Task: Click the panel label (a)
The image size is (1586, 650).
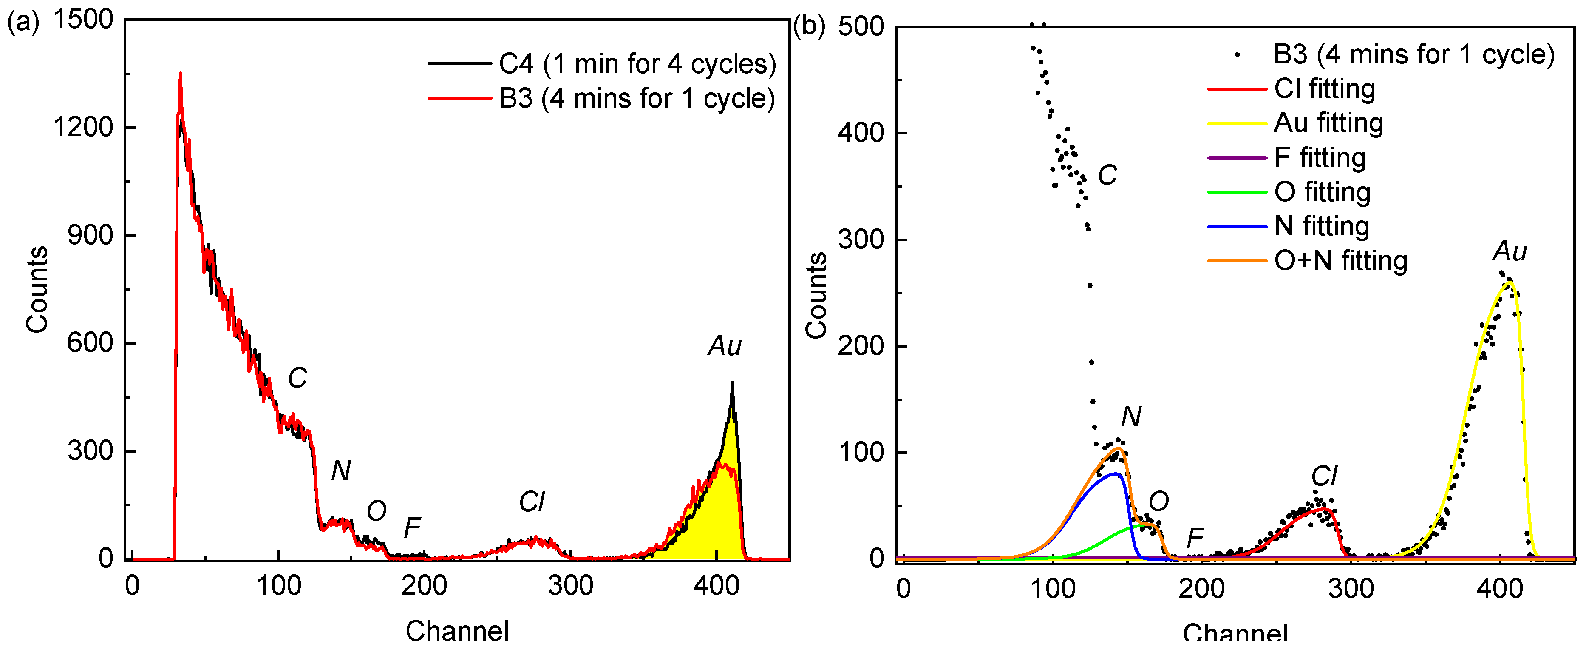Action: [23, 23]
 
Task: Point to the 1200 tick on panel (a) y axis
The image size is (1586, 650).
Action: [83, 128]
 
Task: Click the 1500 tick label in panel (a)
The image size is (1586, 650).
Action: [83, 19]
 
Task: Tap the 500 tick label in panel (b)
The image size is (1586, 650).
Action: [861, 27]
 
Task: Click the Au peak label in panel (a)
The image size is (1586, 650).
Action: [725, 346]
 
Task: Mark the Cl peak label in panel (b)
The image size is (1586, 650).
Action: [1324, 476]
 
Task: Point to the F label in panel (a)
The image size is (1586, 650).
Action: [412, 527]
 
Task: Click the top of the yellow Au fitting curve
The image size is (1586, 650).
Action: [1508, 283]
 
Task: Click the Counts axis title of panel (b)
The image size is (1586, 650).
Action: [816, 295]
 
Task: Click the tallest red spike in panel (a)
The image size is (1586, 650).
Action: [180, 74]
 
